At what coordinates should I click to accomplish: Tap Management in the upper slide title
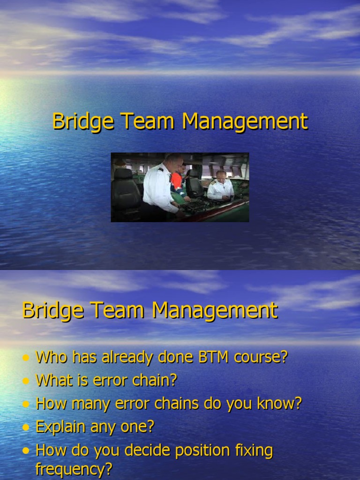(245, 121)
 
